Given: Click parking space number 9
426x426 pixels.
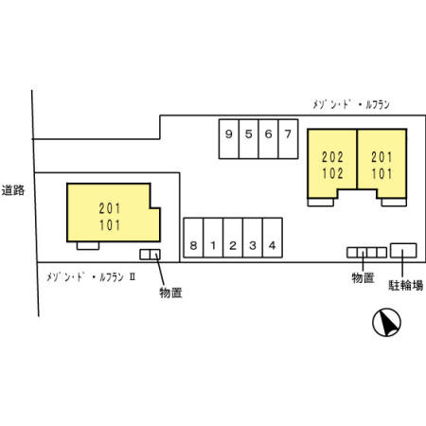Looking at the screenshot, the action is click(x=229, y=139).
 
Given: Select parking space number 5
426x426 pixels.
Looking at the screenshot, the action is click(x=249, y=139).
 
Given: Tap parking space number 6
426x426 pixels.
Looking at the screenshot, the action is click(x=269, y=139).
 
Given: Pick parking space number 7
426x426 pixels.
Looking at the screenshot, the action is click(x=288, y=139).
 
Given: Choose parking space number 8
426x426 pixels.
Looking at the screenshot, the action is click(x=193, y=238).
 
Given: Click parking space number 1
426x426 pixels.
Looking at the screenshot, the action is click(x=213, y=238).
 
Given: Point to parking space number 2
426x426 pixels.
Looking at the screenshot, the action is click(x=233, y=238).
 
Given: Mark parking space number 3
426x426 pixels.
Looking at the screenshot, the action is click(x=253, y=238).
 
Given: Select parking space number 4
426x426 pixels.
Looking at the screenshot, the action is click(x=273, y=238).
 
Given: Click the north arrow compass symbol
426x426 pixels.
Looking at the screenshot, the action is click(x=386, y=322).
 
